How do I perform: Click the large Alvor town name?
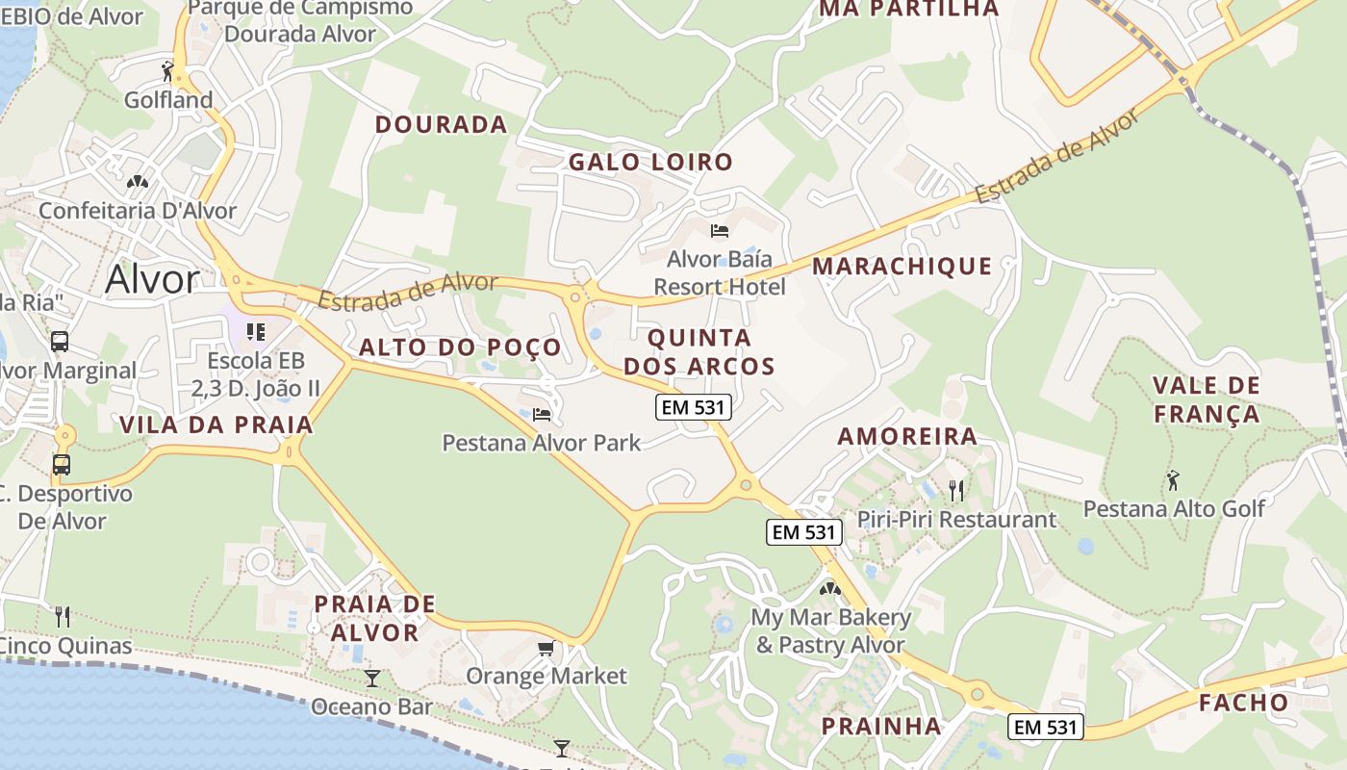pos(152,279)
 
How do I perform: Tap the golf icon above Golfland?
pos(168,70)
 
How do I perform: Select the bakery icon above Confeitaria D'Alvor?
pos(138,181)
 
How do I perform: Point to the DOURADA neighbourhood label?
pos(441,124)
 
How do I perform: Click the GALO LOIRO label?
pos(650,162)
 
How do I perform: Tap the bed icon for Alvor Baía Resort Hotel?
pos(719,231)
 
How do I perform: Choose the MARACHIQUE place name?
pos(902,267)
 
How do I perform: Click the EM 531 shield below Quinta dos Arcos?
pos(694,407)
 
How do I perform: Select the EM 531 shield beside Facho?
pos(1046,727)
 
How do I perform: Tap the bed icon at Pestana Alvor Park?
pos(542,415)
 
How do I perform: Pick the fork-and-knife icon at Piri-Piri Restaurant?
pos(955,491)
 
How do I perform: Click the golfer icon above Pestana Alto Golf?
pos(1173,479)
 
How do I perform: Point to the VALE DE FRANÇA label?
pos(1206,399)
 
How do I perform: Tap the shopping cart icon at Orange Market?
pos(546,649)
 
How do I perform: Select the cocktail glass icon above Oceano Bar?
pos(371,679)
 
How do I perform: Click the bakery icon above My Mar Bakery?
pos(829,588)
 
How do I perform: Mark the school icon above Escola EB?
pos(255,332)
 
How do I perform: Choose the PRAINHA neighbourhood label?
pos(880,727)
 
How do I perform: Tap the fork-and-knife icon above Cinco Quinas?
pos(63,616)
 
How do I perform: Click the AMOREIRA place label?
pos(907,436)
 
